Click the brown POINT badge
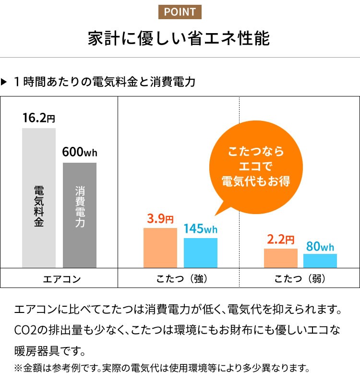coord(180,12)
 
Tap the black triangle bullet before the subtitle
coord(5,82)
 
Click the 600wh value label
coord(80,152)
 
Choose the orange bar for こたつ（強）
coord(160,248)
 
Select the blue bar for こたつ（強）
coord(200,252)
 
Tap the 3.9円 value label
coord(160,219)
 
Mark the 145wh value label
coord(200,229)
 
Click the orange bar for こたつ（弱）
coord(280,258)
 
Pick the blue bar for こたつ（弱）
coord(320,261)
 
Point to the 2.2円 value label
coord(280,239)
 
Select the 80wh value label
coord(320,247)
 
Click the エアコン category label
coord(59,278)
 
